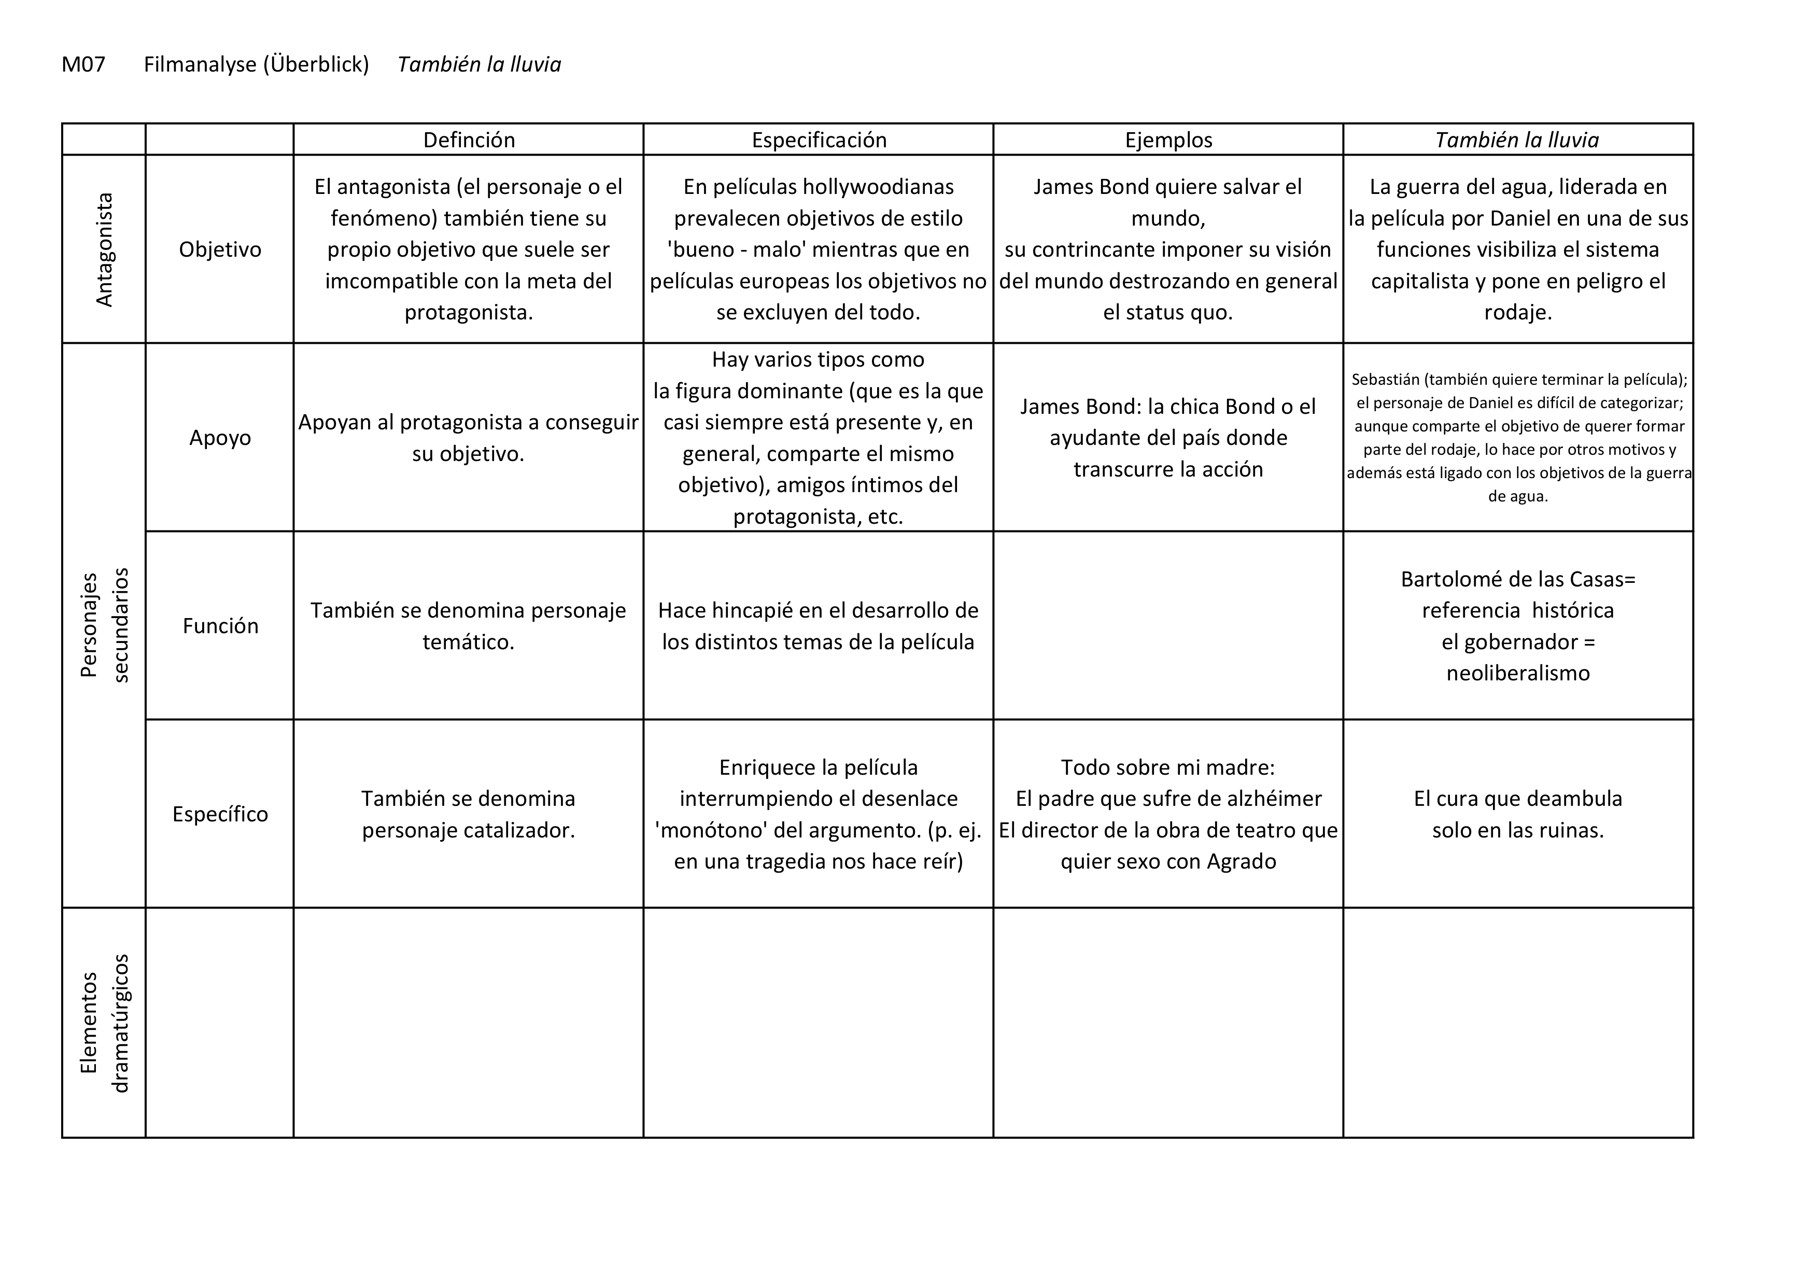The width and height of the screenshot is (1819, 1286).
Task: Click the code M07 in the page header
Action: [83, 64]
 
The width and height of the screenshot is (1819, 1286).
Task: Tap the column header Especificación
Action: [819, 140]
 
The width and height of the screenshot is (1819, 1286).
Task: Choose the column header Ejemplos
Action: [1168, 140]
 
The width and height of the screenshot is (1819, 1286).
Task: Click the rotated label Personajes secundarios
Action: [104, 625]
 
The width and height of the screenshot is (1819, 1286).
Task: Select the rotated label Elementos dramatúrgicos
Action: [104, 1023]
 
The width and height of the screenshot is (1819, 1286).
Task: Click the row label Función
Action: [220, 626]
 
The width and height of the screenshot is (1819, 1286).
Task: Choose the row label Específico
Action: [220, 814]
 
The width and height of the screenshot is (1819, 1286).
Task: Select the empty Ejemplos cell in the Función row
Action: [1168, 625]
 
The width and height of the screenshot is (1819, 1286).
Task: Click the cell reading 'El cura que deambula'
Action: [1517, 799]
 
